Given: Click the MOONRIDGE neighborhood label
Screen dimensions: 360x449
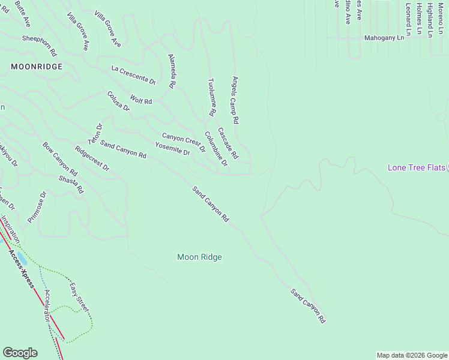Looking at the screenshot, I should [37, 67].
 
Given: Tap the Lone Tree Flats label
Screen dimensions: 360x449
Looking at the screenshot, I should [416, 167].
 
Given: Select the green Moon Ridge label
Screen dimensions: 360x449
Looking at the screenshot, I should [199, 257].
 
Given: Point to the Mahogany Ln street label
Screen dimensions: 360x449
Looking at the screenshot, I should [384, 38].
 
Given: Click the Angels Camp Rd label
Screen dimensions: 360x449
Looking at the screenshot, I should [236, 100].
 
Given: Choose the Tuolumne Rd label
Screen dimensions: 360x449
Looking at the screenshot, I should [211, 97].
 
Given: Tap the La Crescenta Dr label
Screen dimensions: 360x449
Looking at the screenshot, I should [134, 75].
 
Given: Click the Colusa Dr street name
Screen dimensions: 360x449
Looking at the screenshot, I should [118, 101].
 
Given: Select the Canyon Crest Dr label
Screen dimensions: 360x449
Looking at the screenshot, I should [184, 143].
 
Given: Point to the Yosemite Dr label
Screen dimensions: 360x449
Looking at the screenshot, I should [172, 150].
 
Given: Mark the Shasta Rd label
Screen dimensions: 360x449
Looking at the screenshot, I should [71, 185].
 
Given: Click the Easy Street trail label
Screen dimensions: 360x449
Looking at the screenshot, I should [79, 297].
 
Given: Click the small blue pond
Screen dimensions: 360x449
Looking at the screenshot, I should [22, 259].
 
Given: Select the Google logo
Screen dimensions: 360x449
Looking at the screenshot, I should [20, 353].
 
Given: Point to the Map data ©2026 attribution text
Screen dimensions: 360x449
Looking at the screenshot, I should [411, 355].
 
